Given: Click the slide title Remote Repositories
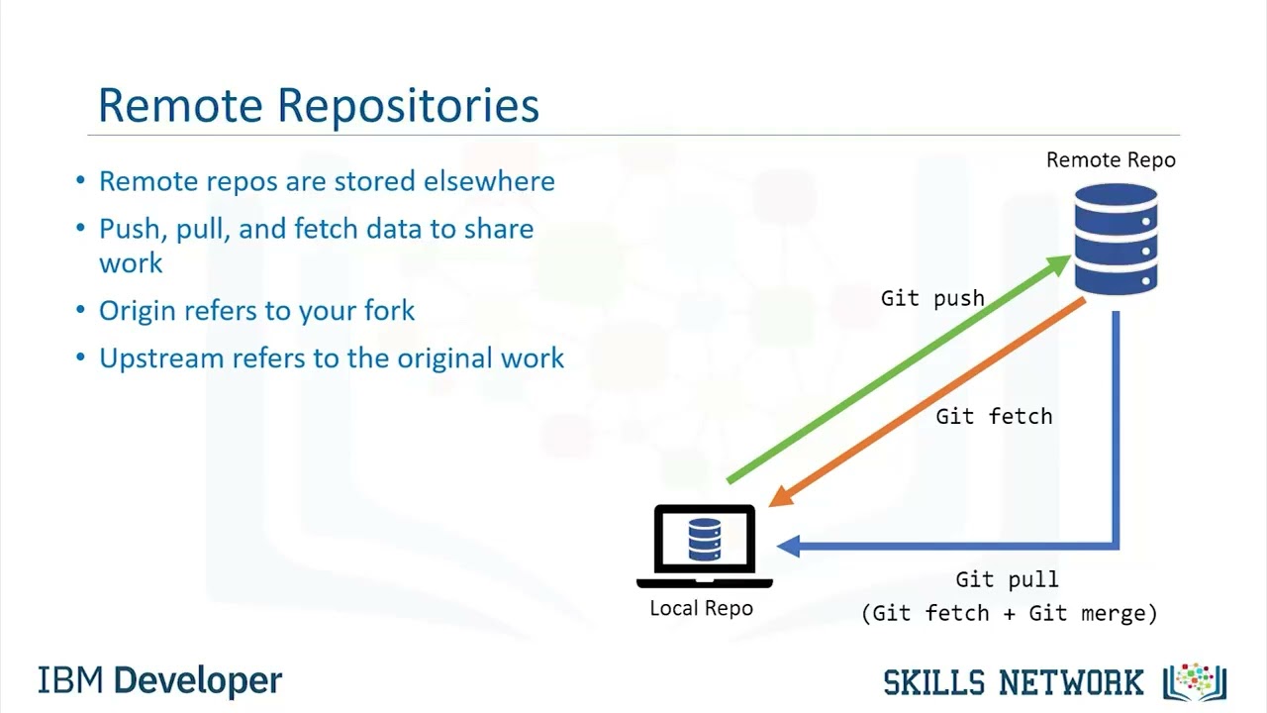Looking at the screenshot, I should [318, 105].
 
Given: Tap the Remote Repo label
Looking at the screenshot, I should [1111, 159].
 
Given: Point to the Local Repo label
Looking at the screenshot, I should [701, 608].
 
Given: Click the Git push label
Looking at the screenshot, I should [932, 298].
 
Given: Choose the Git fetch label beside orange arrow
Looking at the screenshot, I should [994, 416].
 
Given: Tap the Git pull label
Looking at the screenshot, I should [1007, 579].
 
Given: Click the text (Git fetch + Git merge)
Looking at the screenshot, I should [1009, 613].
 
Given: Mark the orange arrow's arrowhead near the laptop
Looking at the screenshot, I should [781, 494].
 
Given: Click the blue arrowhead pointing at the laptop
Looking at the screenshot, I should [789, 545].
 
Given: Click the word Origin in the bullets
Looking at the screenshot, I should [136, 311].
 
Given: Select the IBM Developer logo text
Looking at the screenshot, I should [160, 681].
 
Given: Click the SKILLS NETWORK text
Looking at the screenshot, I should [1013, 682].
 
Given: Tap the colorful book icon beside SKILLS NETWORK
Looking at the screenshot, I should [1195, 681].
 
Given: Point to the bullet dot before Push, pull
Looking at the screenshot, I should [81, 229].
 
